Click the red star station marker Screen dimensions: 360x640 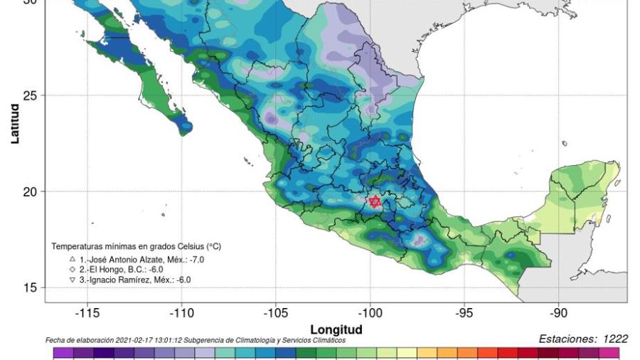tap(375, 202)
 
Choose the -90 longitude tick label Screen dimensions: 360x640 tap(559, 314)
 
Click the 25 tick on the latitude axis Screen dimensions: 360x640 tap(31, 95)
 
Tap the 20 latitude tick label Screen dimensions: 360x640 tap(31, 191)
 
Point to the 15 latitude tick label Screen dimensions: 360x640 tap(31, 287)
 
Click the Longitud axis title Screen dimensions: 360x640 tap(336, 329)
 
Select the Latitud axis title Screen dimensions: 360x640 tap(14, 124)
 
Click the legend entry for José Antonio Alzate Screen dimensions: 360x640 tap(142, 260)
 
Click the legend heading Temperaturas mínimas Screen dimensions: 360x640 tap(136, 246)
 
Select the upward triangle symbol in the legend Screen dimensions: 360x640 tap(73, 260)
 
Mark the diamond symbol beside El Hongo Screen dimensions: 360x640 tap(73, 270)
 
